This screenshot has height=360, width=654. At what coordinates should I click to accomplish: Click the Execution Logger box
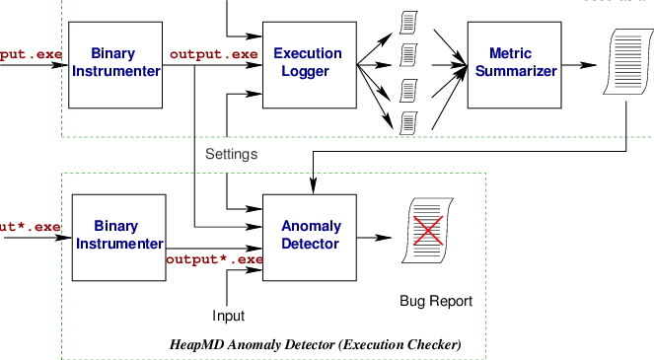[308, 62]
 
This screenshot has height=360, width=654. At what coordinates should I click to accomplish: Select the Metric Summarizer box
[513, 62]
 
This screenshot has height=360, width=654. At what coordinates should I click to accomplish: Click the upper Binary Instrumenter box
[113, 62]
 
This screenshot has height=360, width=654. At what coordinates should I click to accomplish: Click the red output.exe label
[213, 53]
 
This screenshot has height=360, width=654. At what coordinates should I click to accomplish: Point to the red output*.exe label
[214, 259]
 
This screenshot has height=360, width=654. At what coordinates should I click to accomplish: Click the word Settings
[232, 154]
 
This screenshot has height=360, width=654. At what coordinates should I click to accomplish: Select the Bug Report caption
[436, 301]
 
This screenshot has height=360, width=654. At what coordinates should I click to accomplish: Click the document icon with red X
[425, 232]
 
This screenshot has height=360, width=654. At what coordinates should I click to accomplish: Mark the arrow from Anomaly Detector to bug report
[376, 237]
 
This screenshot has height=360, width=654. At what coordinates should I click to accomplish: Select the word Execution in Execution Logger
[308, 53]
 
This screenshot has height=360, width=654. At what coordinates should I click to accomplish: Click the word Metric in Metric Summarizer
[513, 53]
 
